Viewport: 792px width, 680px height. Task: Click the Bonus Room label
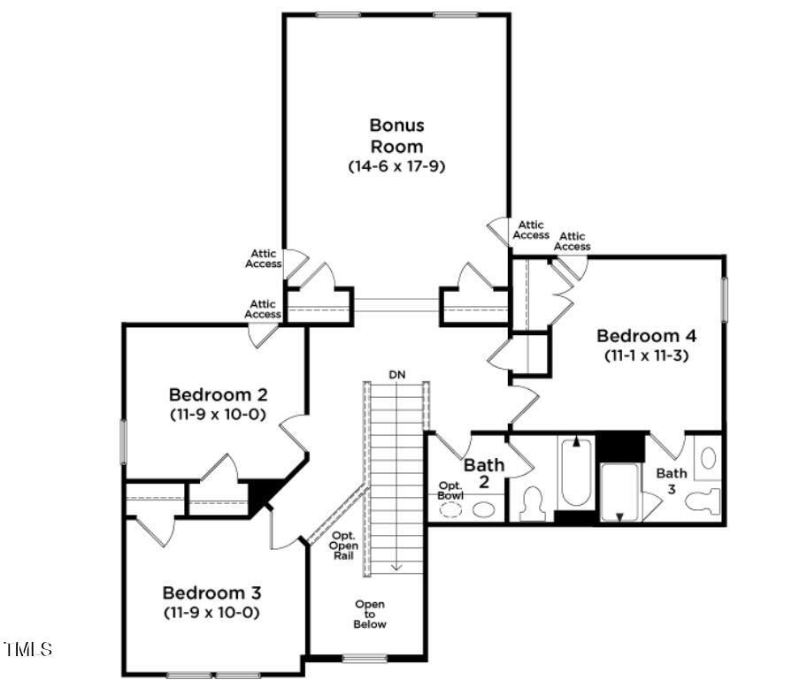(396, 135)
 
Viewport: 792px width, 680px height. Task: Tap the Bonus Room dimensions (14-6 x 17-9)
(396, 165)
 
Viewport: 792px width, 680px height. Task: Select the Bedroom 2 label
(218, 394)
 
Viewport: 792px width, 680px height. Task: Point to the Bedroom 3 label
(211, 592)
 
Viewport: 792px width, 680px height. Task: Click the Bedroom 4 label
(646, 336)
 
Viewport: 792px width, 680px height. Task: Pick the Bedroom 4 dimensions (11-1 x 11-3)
(646, 356)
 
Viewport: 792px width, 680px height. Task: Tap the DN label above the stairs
(397, 374)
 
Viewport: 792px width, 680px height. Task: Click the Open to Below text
(370, 614)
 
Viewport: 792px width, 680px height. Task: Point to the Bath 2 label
(484, 472)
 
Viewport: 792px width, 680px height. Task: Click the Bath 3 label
(671, 480)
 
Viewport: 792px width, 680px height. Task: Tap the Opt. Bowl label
(450, 490)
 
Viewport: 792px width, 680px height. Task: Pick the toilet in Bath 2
(534, 504)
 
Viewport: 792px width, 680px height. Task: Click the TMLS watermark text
(28, 650)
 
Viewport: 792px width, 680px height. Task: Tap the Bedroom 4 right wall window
(724, 301)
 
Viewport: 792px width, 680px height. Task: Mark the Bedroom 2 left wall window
(123, 442)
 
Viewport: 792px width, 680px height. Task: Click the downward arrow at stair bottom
(397, 566)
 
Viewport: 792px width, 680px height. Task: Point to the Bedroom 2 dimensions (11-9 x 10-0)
(218, 414)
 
